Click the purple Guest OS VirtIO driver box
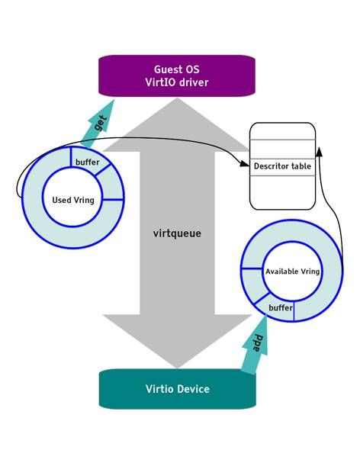tap(176, 76)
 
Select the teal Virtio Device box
tap(176, 389)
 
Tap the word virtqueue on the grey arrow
tap(177, 233)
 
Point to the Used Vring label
tap(72, 200)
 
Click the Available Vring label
tap(292, 272)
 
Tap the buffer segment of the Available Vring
tap(280, 307)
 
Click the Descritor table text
tap(282, 166)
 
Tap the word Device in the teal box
tap(191, 389)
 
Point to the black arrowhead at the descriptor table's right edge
tap(319, 151)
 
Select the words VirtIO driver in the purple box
tap(176, 82)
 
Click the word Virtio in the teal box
tap(158, 389)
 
